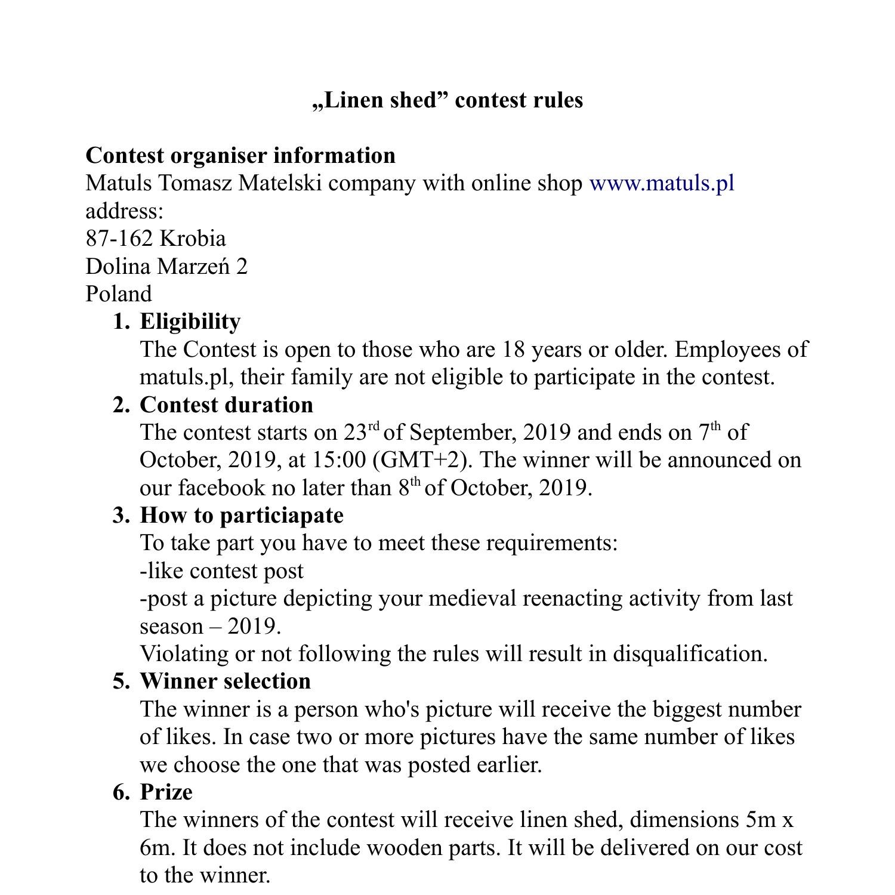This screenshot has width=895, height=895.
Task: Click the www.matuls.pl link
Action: coord(661,183)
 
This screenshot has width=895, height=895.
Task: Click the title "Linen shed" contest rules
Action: coord(447,100)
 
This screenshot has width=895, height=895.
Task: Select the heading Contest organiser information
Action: coord(240,155)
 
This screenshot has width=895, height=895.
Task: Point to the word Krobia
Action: coord(193,239)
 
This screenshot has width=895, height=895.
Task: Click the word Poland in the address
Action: coord(119,294)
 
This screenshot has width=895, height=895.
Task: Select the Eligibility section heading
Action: coord(190,322)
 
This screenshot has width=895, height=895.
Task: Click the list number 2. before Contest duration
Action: coord(121,405)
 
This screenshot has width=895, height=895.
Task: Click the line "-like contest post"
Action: coord(221,571)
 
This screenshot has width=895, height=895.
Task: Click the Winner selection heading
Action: coord(225,681)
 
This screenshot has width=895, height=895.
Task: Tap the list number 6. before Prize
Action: coord(121,792)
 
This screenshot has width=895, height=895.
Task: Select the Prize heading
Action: coord(166,792)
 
